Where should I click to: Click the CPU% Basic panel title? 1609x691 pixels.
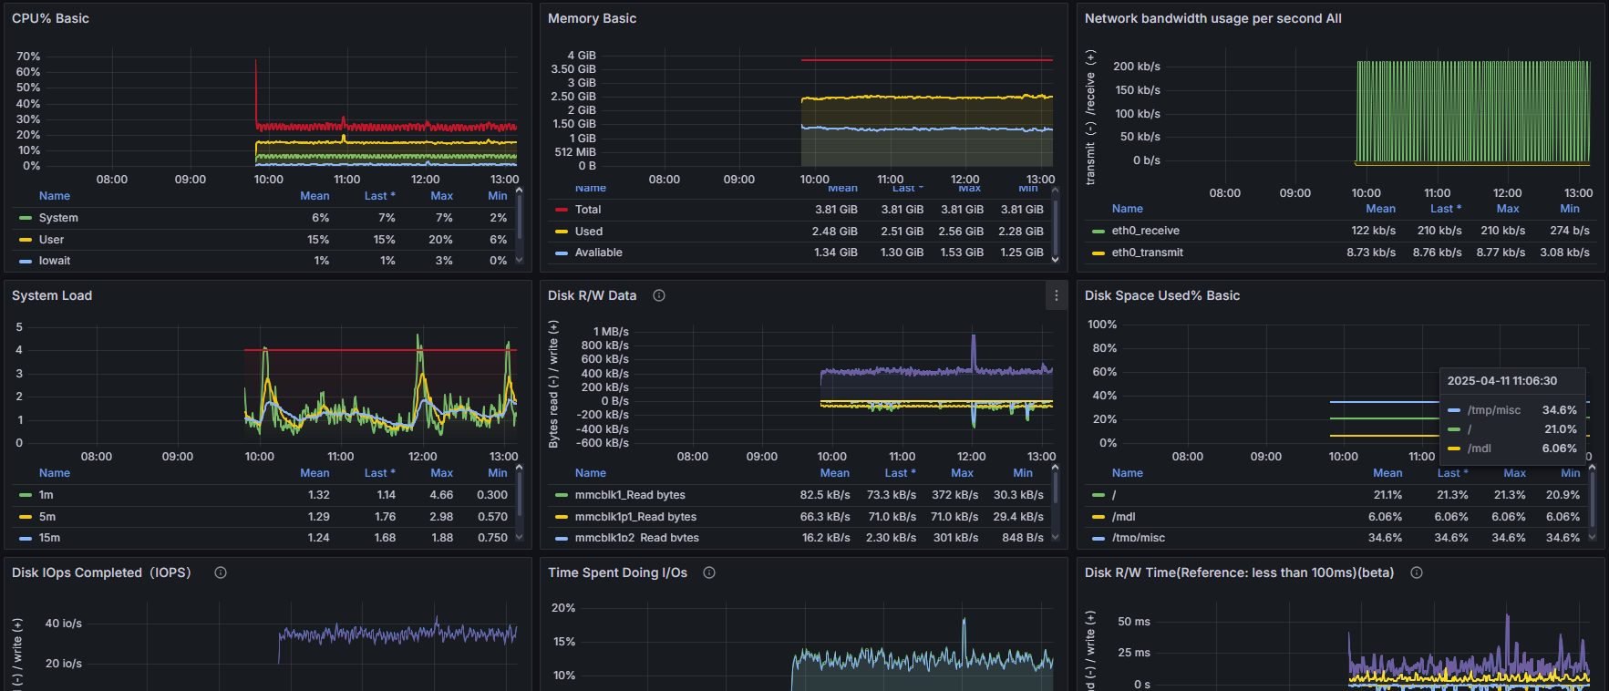(x=50, y=18)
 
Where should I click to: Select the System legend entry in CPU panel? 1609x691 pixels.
(x=58, y=218)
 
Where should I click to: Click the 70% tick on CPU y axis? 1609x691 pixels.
(x=28, y=57)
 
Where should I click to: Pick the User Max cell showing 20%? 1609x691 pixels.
(x=440, y=240)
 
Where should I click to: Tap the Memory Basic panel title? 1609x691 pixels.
(x=592, y=18)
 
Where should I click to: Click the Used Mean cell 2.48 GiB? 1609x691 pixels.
(x=834, y=232)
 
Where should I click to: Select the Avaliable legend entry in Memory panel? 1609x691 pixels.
(x=598, y=253)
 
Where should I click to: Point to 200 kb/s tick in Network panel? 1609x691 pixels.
(x=1136, y=67)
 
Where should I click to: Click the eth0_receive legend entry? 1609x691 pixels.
(x=1145, y=231)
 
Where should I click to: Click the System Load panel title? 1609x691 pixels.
(x=52, y=295)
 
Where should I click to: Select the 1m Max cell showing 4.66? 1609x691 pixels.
(x=441, y=495)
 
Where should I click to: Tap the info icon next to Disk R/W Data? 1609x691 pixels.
(x=659, y=295)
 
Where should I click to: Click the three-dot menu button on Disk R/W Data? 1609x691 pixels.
(x=1056, y=295)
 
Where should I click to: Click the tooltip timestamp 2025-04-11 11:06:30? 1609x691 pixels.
(x=1501, y=381)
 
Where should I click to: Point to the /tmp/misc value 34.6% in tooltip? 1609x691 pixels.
(x=1559, y=410)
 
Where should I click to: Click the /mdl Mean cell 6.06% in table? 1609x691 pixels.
(x=1385, y=517)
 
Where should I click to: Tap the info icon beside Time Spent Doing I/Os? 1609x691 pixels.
(x=709, y=572)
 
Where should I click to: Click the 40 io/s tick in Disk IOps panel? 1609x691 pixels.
(x=64, y=624)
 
